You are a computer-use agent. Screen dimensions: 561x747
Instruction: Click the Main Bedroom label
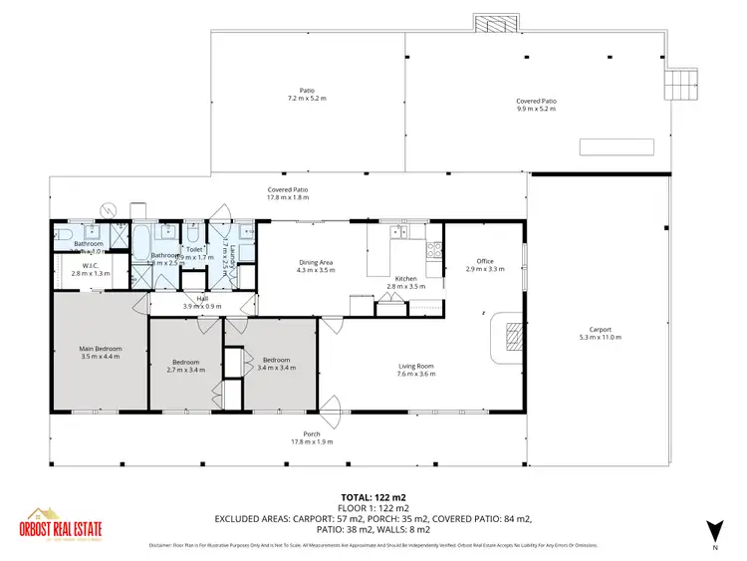(x=100, y=349)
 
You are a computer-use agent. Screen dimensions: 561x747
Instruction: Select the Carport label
(x=600, y=330)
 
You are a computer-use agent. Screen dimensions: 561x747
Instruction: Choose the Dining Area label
(x=316, y=262)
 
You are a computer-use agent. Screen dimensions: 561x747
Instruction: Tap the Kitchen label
(x=405, y=278)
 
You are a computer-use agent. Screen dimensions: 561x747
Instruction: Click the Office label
(x=485, y=261)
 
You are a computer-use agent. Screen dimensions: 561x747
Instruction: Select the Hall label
(x=202, y=298)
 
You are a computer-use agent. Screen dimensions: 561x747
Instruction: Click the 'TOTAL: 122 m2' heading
(x=373, y=495)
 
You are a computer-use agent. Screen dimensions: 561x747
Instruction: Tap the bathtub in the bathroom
(x=139, y=240)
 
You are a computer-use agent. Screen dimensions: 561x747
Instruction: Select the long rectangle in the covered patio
(x=618, y=147)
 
